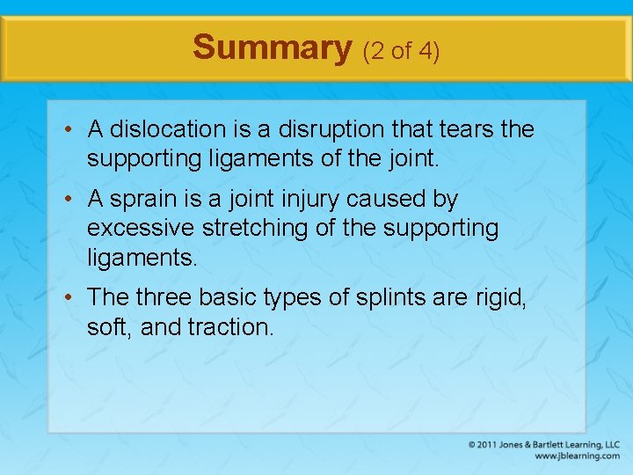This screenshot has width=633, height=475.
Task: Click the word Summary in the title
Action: pyautogui.click(x=272, y=47)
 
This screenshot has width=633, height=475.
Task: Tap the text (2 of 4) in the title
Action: pyautogui.click(x=401, y=51)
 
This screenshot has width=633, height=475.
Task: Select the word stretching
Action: pyautogui.click(x=248, y=229)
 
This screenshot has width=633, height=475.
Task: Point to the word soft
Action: pyautogui.click(x=108, y=327)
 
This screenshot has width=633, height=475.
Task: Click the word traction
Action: pyautogui.click(x=231, y=327)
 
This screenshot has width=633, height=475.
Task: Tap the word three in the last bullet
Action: pyautogui.click(x=164, y=298)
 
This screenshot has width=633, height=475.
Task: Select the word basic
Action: pyautogui.click(x=227, y=298)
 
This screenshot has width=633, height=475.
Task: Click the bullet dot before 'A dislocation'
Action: pyautogui.click(x=67, y=130)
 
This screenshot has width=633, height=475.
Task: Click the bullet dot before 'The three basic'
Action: pyautogui.click(x=67, y=299)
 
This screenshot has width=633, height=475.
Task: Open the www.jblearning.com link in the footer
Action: pyautogui.click(x=576, y=456)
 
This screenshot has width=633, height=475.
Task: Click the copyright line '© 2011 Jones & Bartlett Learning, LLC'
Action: pyautogui.click(x=544, y=444)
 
